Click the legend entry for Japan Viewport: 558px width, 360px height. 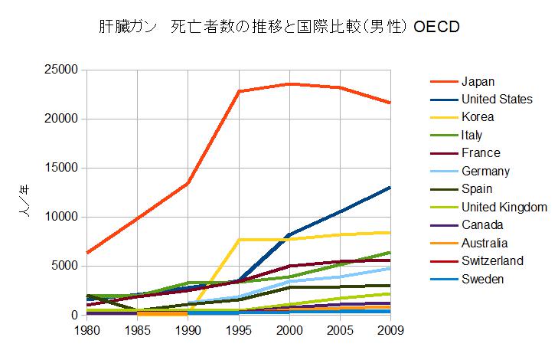pyautogui.click(x=478, y=81)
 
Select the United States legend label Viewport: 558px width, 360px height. pyautogui.click(x=497, y=99)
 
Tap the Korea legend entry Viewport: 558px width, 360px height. pyautogui.click(x=478, y=117)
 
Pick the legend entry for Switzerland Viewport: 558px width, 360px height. pyautogui.click(x=492, y=261)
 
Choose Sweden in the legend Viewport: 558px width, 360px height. pyautogui.click(x=483, y=280)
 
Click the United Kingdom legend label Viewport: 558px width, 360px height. pyautogui.click(x=504, y=207)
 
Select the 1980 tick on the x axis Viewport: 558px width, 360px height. pyautogui.click(x=88, y=330)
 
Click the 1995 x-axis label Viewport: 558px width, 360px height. pyautogui.click(x=239, y=330)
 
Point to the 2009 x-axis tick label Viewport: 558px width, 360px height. pyautogui.click(x=390, y=330)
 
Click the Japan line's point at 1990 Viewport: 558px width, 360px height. pyautogui.click(x=188, y=183)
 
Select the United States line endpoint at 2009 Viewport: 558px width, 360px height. pyautogui.click(x=390, y=187)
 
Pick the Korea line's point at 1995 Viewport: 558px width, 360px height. pyautogui.click(x=239, y=240)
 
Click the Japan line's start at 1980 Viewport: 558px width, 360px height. pyautogui.click(x=88, y=253)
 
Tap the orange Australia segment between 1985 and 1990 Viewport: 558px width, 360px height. pyautogui.click(x=163, y=313)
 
